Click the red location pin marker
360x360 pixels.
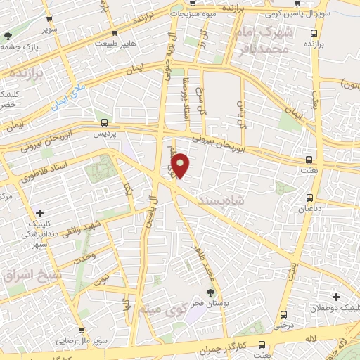point(181,165)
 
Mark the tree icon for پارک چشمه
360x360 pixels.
point(8,35)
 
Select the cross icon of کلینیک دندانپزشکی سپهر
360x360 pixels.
point(39,212)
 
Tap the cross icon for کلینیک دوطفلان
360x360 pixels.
point(336,297)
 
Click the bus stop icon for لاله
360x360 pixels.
point(262,344)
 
